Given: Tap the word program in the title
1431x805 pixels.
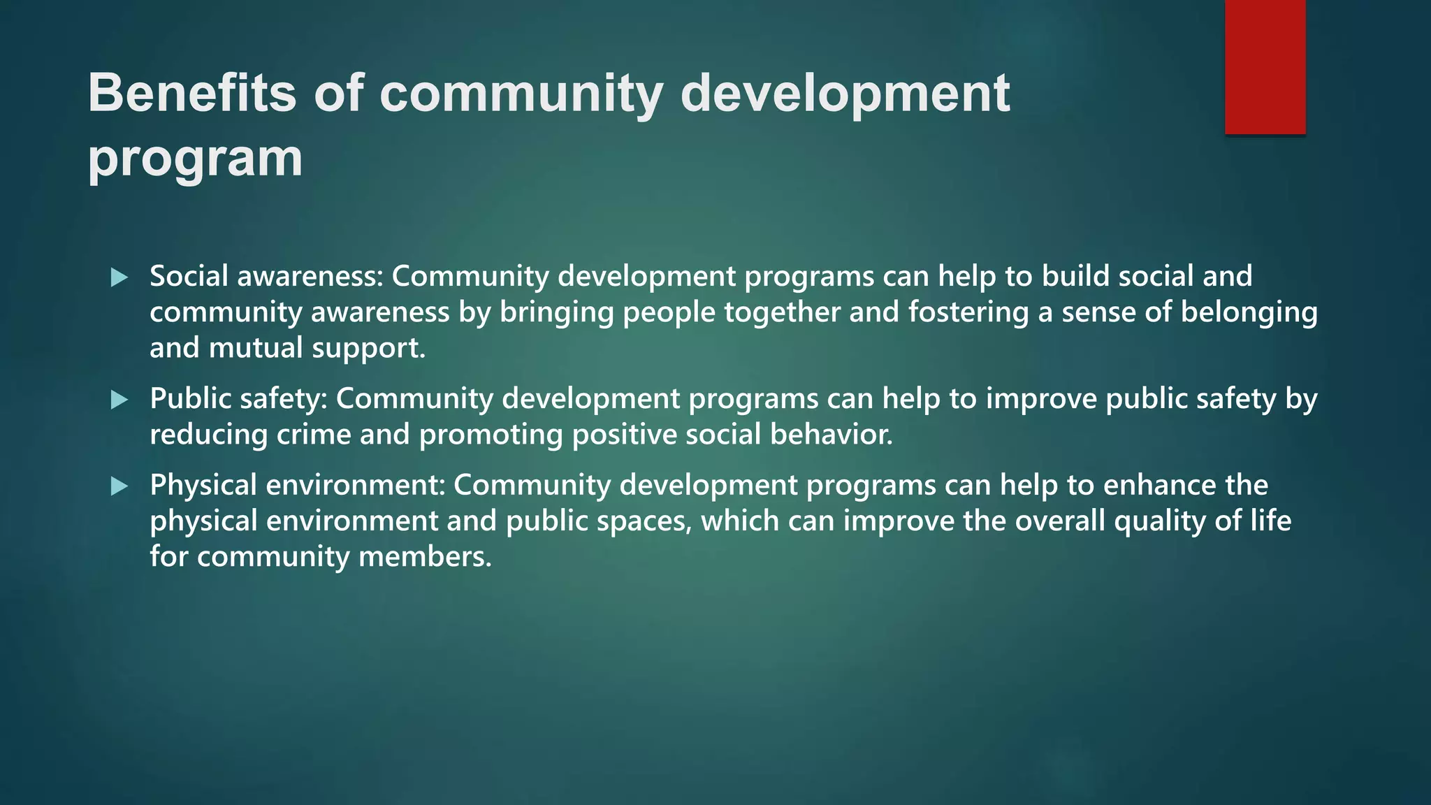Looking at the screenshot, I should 195,159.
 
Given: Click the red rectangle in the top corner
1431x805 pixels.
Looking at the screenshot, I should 1265,67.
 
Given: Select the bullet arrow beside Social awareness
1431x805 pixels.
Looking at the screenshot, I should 119,277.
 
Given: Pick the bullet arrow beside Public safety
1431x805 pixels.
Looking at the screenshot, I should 119,400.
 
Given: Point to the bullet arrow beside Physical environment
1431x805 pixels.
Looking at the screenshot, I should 119,486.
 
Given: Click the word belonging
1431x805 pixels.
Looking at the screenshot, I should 1249,312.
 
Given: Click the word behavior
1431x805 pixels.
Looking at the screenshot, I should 831,435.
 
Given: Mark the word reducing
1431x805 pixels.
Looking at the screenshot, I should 209,435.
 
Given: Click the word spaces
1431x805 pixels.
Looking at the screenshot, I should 644,521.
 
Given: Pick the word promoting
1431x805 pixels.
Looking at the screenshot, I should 491,435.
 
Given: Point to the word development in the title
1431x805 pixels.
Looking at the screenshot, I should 845,93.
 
